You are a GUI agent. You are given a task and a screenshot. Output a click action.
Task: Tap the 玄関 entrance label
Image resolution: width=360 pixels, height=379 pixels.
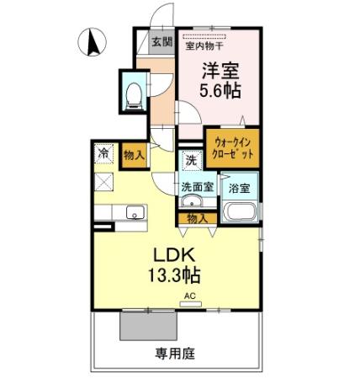coord(161,40)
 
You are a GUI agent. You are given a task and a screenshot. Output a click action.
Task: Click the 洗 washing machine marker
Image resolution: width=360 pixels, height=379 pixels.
coord(191,159)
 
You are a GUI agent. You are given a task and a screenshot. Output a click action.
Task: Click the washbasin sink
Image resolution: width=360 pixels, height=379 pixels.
coord(192,203)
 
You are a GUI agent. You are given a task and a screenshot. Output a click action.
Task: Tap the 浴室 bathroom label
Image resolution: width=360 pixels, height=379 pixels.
coord(238,188)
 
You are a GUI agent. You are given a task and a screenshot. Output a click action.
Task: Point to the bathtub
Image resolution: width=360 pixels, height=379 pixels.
coord(240,211)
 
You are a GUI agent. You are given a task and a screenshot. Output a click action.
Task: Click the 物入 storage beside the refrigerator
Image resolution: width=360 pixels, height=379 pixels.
coord(133,155)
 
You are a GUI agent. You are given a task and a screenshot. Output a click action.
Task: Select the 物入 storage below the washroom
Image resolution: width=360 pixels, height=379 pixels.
coord(197,218)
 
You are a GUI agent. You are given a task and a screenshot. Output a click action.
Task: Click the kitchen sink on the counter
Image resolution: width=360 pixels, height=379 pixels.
coord(133,214)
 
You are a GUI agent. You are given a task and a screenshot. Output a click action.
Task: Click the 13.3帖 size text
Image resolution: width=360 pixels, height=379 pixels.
coord(176,275)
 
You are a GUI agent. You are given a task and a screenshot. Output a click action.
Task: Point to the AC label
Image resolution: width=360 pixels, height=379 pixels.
coord(190,296)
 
